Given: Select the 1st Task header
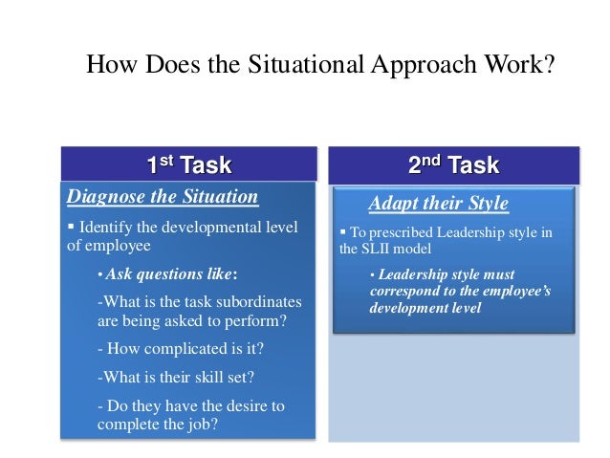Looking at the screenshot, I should [x=189, y=165].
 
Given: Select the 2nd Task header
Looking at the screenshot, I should [x=453, y=164].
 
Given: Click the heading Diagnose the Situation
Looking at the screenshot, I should [x=162, y=197].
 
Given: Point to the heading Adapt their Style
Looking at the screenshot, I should [x=439, y=204].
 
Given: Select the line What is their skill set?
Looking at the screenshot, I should [x=175, y=377].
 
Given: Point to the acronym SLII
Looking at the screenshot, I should [x=378, y=249].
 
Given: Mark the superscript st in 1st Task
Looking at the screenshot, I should [x=168, y=160].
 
